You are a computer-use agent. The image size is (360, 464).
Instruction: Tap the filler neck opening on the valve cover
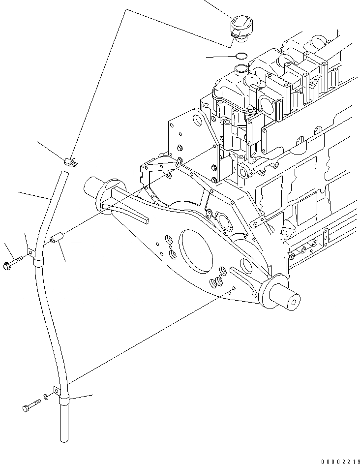click(241, 68)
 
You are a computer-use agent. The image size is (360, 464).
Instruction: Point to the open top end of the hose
click(62, 173)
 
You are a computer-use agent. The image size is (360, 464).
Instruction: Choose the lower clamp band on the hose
click(64, 401)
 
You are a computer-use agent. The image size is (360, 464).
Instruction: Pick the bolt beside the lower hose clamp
click(30, 406)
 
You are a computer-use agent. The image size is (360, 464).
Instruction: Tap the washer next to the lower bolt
click(46, 397)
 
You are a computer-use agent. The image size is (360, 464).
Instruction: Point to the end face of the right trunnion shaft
click(295, 301)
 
